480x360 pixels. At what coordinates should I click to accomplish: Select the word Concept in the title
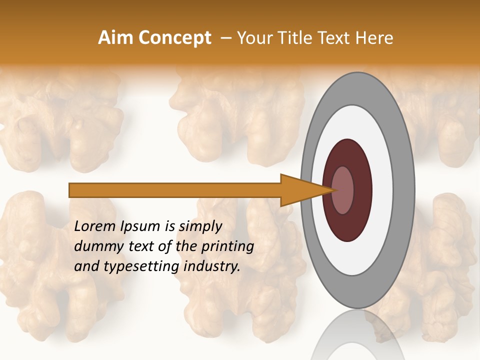point(174,38)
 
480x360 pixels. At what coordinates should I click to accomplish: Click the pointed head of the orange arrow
point(305,190)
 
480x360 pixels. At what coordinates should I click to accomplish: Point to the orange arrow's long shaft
point(175,190)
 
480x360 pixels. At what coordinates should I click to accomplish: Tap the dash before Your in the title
point(225,38)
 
